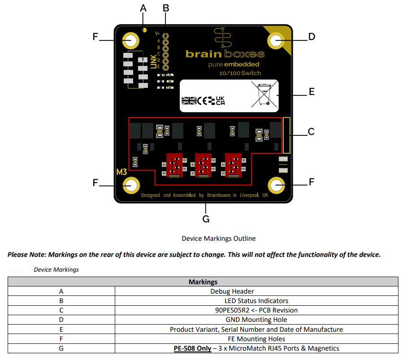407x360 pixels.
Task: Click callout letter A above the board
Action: click(x=143, y=8)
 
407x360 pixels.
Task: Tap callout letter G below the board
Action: click(x=206, y=219)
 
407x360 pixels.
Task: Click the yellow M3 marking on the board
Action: click(x=122, y=172)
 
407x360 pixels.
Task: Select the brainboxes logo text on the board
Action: click(x=225, y=54)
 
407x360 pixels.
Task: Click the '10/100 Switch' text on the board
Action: click(x=240, y=73)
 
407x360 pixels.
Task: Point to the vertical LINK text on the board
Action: click(x=154, y=61)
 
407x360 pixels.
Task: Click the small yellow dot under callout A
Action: click(x=144, y=30)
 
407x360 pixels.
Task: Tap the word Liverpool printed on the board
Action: click(x=250, y=195)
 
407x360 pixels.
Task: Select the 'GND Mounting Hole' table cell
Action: click(x=256, y=320)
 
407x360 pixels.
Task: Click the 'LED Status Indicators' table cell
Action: click(x=256, y=301)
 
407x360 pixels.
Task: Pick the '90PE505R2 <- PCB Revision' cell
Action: click(x=256, y=310)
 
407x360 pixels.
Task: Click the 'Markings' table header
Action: click(x=203, y=282)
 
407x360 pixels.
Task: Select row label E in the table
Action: click(x=61, y=329)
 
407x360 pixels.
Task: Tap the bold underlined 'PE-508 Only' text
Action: click(x=192, y=348)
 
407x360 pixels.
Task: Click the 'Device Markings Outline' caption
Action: click(x=218, y=239)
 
